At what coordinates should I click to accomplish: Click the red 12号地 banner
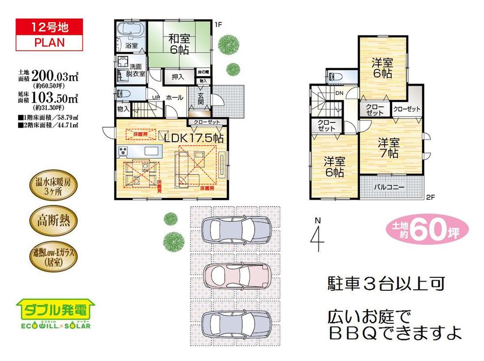pyautogui.click(x=49, y=27)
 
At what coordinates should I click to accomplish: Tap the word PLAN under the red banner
pyautogui.click(x=49, y=42)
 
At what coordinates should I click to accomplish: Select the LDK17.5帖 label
pyautogui.click(x=194, y=138)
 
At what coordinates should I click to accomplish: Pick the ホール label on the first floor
pyautogui.click(x=174, y=97)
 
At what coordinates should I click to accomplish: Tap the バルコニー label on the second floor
pyautogui.click(x=390, y=187)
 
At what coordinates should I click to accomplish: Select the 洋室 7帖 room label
pyautogui.click(x=389, y=148)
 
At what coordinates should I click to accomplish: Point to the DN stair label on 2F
pyautogui.click(x=339, y=93)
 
